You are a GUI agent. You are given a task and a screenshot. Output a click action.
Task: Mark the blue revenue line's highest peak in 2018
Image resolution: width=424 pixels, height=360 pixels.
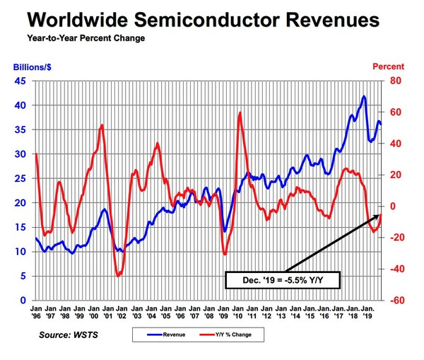[363, 96]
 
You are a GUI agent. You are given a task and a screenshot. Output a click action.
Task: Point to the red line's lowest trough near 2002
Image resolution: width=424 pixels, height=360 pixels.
[117, 275]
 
